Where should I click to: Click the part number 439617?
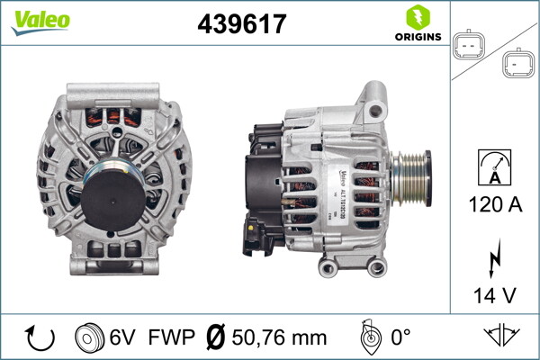241,24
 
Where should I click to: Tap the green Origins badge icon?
417,17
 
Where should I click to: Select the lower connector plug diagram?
517,63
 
